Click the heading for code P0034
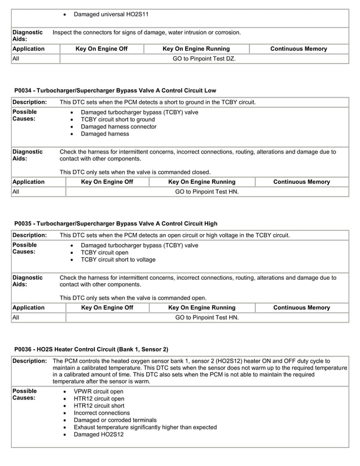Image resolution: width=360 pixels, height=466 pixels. (x=115, y=90)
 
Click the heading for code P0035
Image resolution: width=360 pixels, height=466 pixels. (x=116, y=223)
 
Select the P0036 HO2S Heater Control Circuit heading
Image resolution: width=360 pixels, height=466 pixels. (x=91, y=349)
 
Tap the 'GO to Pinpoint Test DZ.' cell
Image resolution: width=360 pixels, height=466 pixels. (x=204, y=58)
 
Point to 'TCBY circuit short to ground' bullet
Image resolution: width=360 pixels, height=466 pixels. (x=117, y=120)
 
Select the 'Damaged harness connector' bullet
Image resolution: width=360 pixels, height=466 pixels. (x=118, y=127)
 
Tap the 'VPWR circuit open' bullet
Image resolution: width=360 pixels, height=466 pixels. (x=99, y=391)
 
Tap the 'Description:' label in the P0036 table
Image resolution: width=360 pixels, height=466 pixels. (x=29, y=361)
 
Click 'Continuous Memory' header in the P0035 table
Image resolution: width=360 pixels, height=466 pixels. (x=301, y=307)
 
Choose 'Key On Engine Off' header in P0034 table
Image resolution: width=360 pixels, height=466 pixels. (x=107, y=182)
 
